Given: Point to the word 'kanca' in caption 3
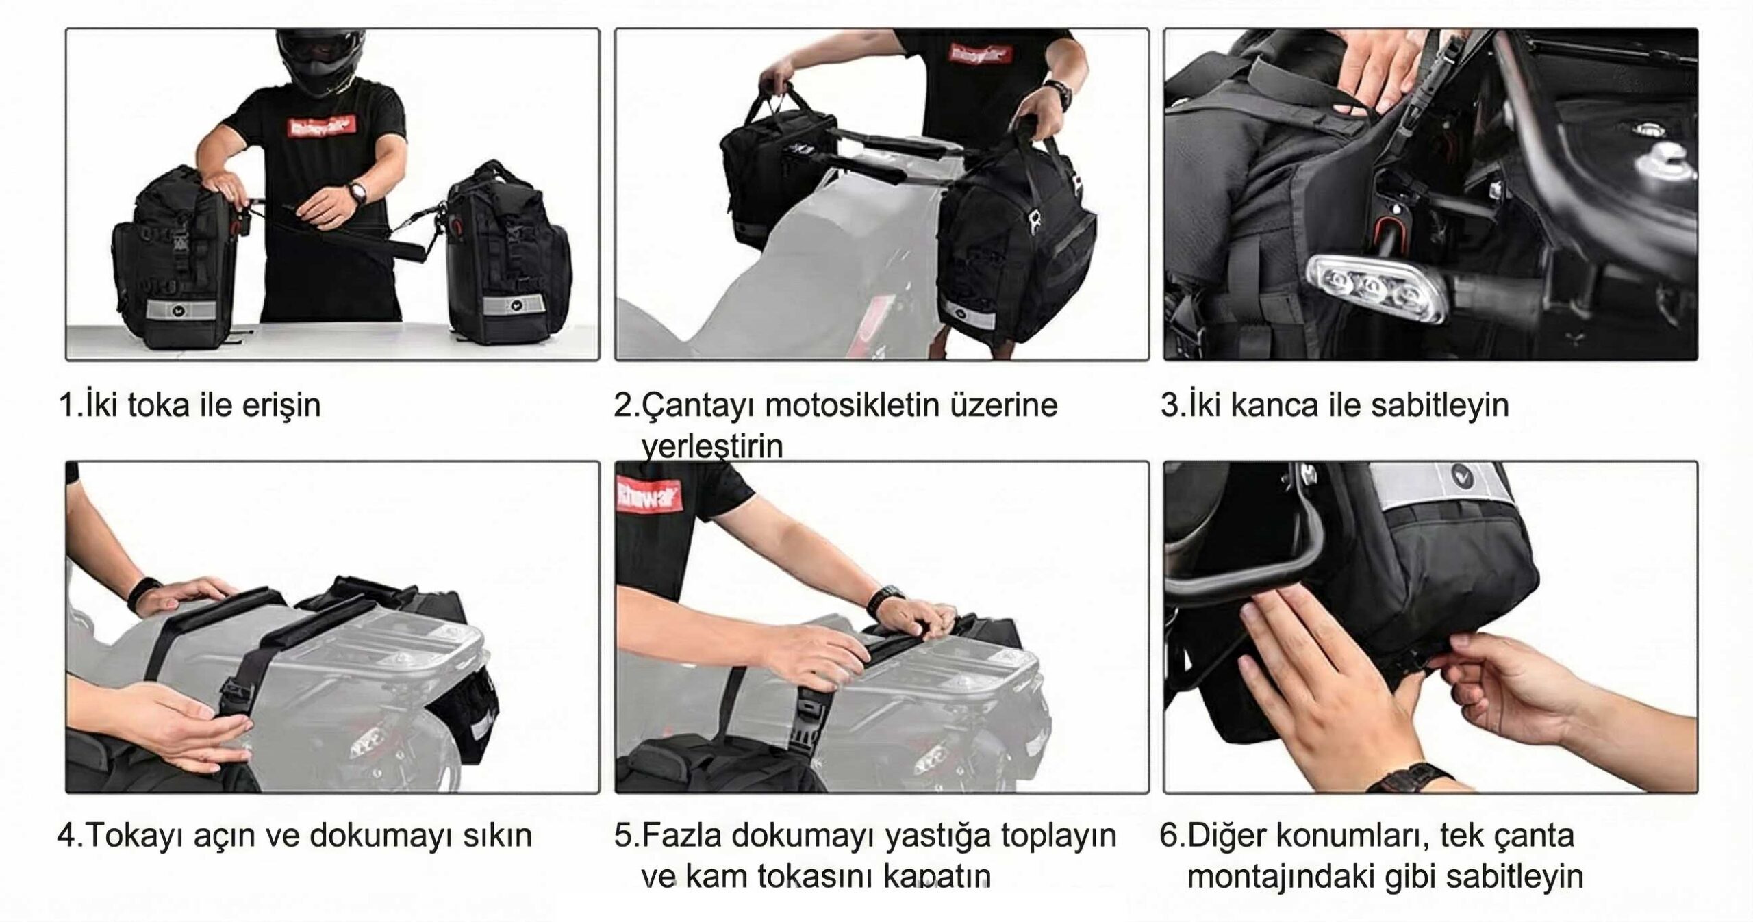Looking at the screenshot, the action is (x=1274, y=405).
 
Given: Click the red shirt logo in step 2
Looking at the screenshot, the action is (x=981, y=53).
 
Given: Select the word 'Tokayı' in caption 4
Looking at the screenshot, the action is (x=136, y=836).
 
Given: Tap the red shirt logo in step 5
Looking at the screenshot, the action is (x=648, y=495).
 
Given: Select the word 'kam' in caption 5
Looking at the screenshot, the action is (x=715, y=877).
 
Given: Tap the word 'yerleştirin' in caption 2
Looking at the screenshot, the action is (x=712, y=447).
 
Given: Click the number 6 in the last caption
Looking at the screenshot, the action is (x=1170, y=836).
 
